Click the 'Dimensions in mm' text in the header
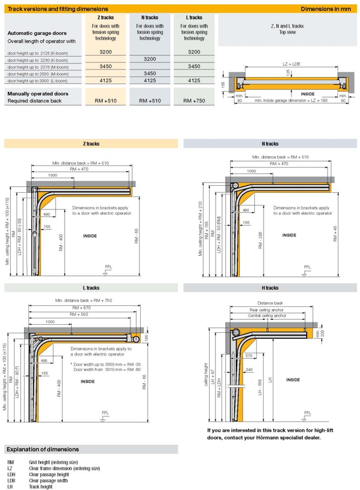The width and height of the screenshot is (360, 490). [x=326, y=9]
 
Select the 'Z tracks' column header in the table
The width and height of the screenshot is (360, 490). [x=106, y=17]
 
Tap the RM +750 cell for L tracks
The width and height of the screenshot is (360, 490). [x=194, y=101]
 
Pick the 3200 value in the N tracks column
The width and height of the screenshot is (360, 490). [x=150, y=59]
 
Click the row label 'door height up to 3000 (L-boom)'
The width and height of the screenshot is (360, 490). [x=38, y=81]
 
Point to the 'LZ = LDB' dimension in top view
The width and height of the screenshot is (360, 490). [x=291, y=64]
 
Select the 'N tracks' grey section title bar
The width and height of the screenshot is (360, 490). [x=270, y=144]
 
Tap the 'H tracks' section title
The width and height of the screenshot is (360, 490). [x=270, y=288]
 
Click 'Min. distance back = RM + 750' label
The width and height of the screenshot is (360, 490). [x=84, y=300]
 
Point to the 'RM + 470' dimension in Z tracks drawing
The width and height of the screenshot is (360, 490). [x=79, y=169]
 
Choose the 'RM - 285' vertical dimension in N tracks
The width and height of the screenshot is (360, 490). [x=260, y=240]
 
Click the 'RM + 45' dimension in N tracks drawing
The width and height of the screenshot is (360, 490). [x=335, y=234]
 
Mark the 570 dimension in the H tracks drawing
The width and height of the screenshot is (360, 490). [x=249, y=355]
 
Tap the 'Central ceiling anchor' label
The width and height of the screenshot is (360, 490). [x=267, y=316]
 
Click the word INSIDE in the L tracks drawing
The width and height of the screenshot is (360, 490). [x=88, y=381]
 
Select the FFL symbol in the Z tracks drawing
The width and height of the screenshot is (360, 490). [x=106, y=270]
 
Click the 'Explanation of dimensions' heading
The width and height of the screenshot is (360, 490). [x=43, y=450]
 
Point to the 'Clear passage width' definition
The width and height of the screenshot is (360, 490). [x=48, y=481]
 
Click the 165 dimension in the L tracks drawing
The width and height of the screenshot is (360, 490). [x=147, y=338]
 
